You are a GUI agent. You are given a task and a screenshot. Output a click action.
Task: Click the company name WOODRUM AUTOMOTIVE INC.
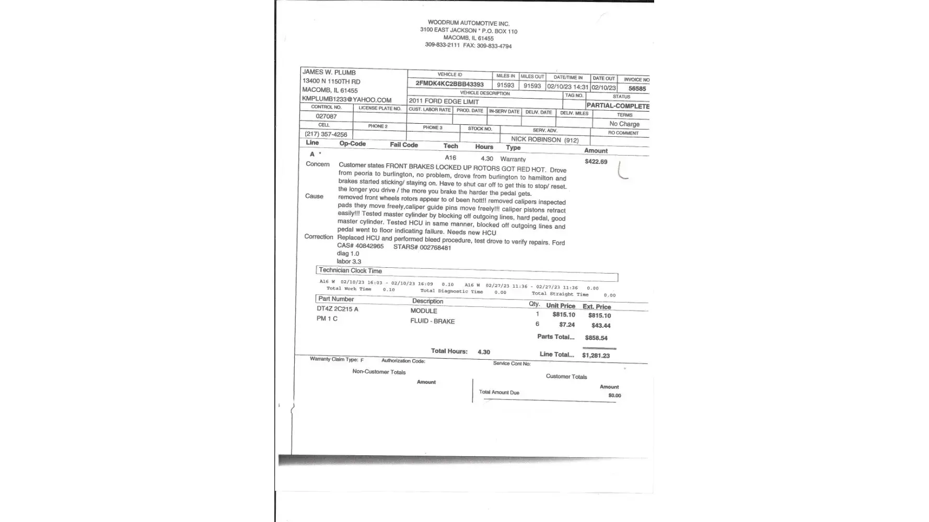click(468, 23)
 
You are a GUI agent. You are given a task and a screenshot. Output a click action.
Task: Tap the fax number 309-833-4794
click(494, 46)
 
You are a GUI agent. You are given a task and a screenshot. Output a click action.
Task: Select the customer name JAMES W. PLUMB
click(329, 73)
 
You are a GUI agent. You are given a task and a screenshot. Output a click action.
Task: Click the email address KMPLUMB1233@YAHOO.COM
click(346, 99)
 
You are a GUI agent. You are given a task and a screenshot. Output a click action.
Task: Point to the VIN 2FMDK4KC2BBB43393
click(449, 84)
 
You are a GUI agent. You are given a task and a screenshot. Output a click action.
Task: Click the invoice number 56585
click(637, 89)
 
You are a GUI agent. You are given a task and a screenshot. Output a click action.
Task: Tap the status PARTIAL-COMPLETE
click(618, 106)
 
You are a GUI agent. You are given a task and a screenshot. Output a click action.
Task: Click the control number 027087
click(326, 116)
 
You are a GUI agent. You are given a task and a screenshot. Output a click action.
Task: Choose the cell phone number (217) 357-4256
click(326, 134)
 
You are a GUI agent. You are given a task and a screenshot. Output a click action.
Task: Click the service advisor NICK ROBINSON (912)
click(544, 139)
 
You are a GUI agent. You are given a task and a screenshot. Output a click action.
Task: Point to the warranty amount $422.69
click(596, 162)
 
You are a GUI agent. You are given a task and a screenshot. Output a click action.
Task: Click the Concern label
click(318, 164)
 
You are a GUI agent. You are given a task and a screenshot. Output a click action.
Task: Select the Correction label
click(319, 236)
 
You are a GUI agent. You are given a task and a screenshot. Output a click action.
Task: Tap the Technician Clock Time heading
click(350, 270)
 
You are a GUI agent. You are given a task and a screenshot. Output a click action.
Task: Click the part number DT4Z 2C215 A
click(338, 309)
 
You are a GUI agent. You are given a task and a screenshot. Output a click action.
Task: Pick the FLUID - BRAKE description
click(432, 321)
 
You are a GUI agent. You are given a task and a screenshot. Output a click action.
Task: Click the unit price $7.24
click(566, 325)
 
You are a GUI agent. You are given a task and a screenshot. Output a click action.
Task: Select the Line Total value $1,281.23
click(596, 355)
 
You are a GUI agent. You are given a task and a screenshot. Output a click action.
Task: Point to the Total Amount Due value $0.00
click(614, 396)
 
